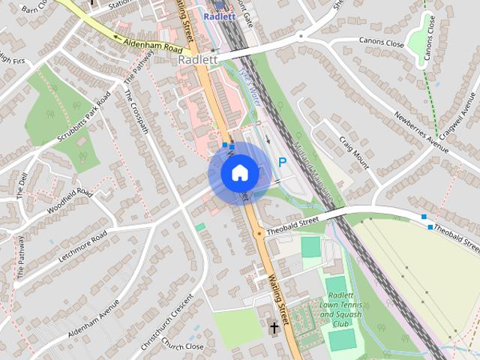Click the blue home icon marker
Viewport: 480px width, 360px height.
point(240,173)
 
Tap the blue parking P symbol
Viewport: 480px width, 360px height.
point(283,162)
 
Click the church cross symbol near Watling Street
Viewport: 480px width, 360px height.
point(274,328)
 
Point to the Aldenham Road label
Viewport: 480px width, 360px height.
point(149,46)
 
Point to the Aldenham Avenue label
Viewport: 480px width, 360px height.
point(94,318)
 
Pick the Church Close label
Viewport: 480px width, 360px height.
point(182,346)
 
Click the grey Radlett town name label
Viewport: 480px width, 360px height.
point(198,59)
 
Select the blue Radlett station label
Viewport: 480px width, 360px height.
point(220,16)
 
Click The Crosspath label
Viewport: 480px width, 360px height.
point(137,113)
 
